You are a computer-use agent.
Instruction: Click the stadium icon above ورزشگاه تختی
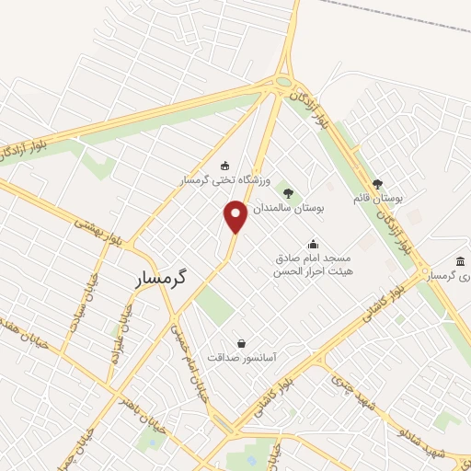click(223, 166)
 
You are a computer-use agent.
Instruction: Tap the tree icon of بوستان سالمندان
click(288, 193)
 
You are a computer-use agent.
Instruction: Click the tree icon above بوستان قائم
click(377, 183)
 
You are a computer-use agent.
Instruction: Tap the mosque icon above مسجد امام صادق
click(313, 244)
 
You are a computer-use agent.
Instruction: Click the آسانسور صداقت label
click(242, 358)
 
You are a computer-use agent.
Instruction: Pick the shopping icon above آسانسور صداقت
click(242, 343)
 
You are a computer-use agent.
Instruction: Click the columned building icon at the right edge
click(460, 262)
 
